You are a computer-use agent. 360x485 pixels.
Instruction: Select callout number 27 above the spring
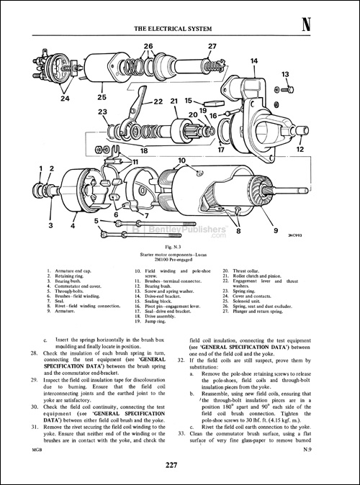point(212,47)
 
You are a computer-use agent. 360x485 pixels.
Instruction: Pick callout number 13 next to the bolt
point(285,74)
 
